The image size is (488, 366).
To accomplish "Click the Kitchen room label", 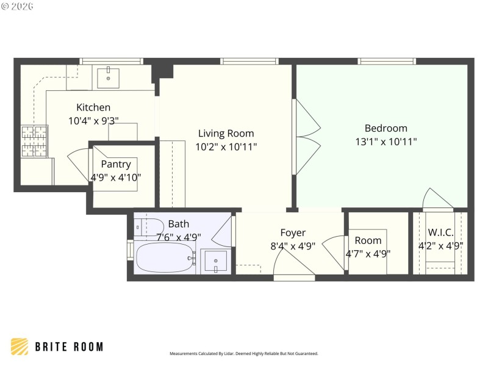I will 93,107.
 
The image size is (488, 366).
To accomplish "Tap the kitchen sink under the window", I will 109,77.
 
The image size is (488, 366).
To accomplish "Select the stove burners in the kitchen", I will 35,141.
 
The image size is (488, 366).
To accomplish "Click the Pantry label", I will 116,164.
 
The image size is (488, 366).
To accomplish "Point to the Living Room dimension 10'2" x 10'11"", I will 226,147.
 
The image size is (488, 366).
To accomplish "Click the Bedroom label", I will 386,128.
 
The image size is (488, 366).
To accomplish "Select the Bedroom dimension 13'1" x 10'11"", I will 386,142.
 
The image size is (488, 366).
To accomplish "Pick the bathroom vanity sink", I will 216,262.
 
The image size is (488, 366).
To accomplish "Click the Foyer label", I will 293,232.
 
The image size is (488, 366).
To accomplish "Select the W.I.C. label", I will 440,232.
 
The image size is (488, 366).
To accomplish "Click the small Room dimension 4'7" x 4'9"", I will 368,254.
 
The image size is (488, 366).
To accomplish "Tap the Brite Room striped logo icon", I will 20,346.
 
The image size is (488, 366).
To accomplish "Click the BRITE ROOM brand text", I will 68,347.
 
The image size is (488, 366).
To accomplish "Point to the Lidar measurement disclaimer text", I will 243,354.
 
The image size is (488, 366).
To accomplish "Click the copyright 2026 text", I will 18,6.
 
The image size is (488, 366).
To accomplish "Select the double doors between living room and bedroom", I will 307,137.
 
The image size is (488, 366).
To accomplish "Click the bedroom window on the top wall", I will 387,61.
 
